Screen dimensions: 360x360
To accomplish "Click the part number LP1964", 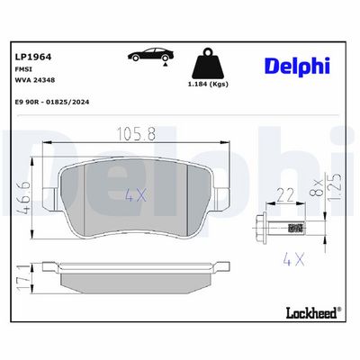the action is (33, 57).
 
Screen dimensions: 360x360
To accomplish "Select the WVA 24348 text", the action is (34, 80).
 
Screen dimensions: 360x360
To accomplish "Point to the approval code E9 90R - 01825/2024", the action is (52, 102).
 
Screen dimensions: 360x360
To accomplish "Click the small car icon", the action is (152, 55).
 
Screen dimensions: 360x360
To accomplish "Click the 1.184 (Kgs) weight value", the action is (208, 84).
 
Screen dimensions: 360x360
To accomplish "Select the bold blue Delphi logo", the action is (297, 66).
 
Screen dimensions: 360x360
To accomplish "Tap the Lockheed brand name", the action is (312, 313).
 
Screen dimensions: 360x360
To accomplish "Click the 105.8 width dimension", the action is (136, 134).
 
